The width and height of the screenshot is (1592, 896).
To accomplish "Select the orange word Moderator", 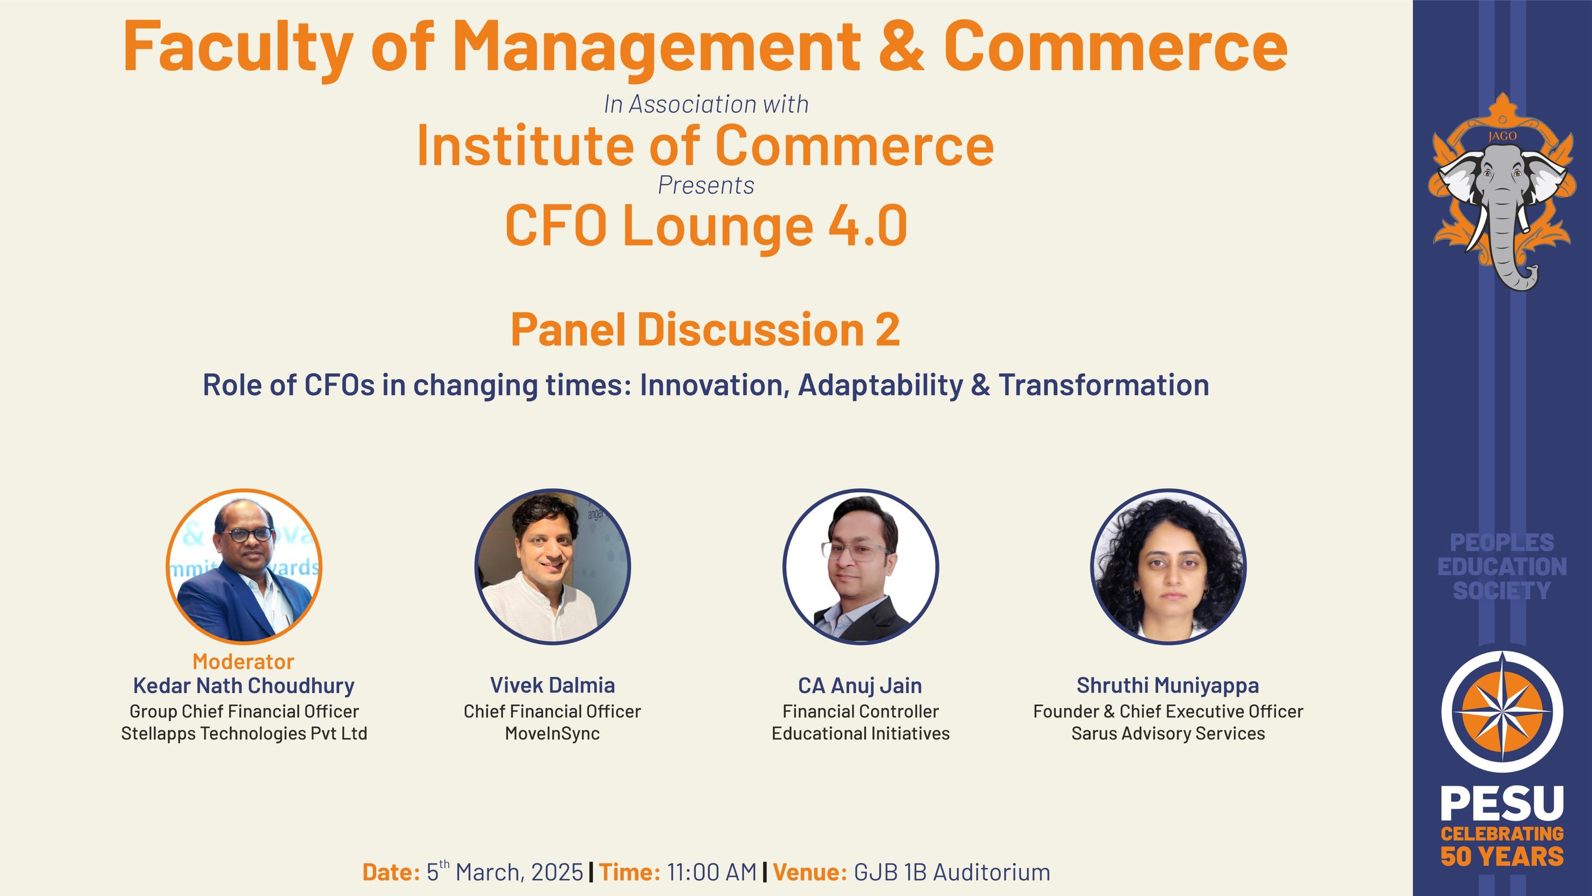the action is coord(243,661).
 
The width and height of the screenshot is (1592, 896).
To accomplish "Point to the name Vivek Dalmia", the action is coord(553,685).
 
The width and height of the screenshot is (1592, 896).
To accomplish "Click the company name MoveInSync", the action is coord(553,733).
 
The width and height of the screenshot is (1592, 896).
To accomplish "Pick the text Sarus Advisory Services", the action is coord(1168,733).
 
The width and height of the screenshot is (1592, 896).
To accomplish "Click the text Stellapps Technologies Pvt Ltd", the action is coord(244,733).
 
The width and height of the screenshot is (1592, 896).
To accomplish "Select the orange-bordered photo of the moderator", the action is coord(244,566).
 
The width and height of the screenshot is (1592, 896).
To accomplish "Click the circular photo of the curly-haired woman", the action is coord(1168,566).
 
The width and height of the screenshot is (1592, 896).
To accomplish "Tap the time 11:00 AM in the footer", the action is coord(712,873).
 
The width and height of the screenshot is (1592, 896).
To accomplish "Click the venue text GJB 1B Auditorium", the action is coord(952,873).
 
